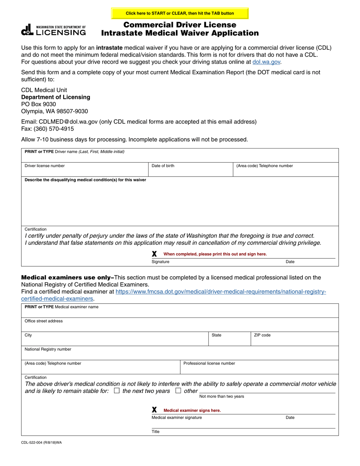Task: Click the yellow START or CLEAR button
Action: pyautogui.click(x=180, y=13)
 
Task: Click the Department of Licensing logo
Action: pyautogui.click(x=53, y=30)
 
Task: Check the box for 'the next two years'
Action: pyautogui.click(x=117, y=391)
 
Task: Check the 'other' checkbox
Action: pyautogui.click(x=178, y=391)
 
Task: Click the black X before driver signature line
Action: pyautogui.click(x=154, y=254)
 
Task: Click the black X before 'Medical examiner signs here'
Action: pyautogui.click(x=154, y=410)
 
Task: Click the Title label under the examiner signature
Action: pyautogui.click(x=156, y=432)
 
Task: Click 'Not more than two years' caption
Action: pyautogui.click(x=222, y=396)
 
